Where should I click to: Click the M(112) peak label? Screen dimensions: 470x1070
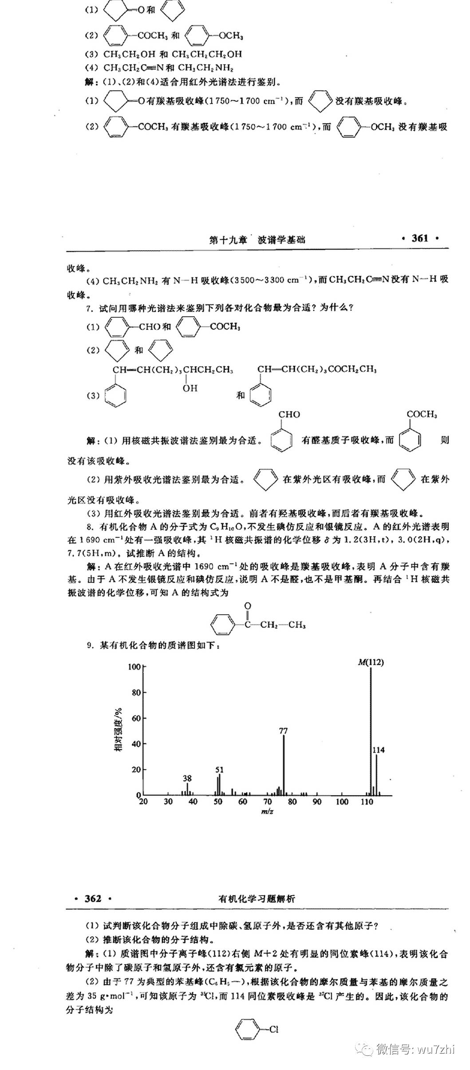pos(371,663)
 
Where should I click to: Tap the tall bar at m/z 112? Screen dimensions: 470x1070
pos(371,732)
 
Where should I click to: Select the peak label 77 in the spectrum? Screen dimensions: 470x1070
pos(284,730)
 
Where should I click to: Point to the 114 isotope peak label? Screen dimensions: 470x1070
pos(379,750)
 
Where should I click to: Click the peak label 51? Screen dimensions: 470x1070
pos(219,770)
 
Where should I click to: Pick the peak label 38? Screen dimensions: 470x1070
pos(187,778)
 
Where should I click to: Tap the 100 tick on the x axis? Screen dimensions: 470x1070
pos(342,802)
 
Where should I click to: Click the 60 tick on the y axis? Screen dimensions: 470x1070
pos(135,719)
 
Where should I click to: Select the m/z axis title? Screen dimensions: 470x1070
pos(267,812)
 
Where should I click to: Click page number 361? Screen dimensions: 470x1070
pos(420,238)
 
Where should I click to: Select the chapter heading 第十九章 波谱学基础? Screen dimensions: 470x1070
pos(257,240)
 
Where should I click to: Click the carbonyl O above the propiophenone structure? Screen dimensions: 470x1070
pos(248,606)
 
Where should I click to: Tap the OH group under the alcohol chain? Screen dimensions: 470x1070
pos(190,388)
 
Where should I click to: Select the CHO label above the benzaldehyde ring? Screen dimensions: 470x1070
pos(289,415)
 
